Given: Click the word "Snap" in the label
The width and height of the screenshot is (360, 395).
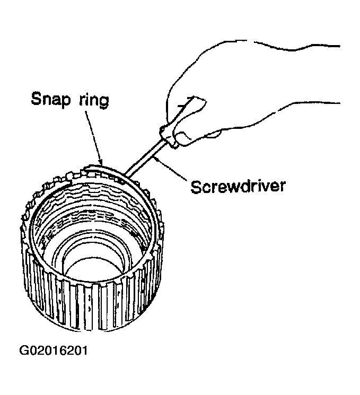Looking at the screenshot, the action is pyautogui.click(x=50, y=99).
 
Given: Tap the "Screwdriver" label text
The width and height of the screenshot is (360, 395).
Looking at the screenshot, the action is pyautogui.click(x=238, y=187).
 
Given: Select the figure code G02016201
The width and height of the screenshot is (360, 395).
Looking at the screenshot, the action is pyautogui.click(x=54, y=350).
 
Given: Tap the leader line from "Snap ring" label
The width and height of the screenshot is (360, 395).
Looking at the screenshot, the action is pyautogui.click(x=94, y=137).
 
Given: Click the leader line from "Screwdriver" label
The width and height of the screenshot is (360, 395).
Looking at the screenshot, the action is pyautogui.click(x=171, y=169).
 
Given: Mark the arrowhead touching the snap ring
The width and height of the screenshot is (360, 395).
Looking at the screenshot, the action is pyautogui.click(x=101, y=162).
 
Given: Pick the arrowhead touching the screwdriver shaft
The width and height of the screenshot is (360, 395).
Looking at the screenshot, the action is pyautogui.click(x=157, y=159).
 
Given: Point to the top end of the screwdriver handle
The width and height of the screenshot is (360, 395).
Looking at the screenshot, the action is pyautogui.click(x=192, y=97).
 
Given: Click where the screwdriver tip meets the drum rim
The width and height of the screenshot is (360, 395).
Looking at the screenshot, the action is pyautogui.click(x=125, y=175).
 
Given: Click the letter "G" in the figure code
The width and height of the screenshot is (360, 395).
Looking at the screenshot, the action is pyautogui.click(x=24, y=350).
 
